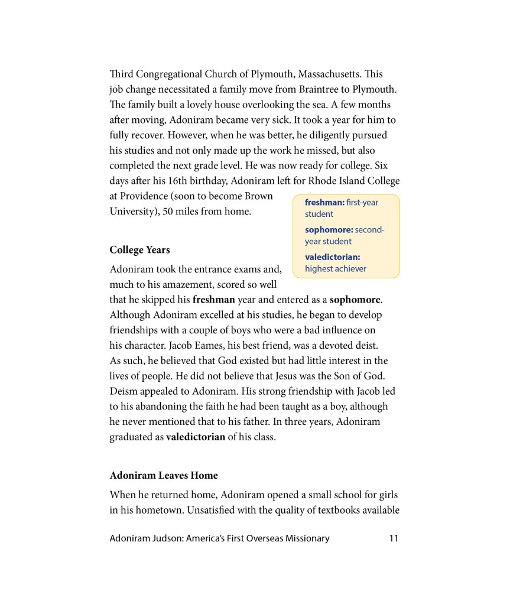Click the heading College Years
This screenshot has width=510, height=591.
(x=139, y=250)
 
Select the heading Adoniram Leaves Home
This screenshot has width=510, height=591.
(x=164, y=476)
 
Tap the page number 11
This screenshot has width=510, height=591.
(x=394, y=538)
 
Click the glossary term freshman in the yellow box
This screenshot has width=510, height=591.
(x=324, y=203)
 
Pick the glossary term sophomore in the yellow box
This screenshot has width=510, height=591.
(x=329, y=230)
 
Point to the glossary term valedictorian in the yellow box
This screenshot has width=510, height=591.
(x=332, y=257)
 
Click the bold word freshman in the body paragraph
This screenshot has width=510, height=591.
(x=213, y=300)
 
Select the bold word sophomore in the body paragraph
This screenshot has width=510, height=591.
(x=355, y=300)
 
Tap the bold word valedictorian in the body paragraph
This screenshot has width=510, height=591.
(x=196, y=438)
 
